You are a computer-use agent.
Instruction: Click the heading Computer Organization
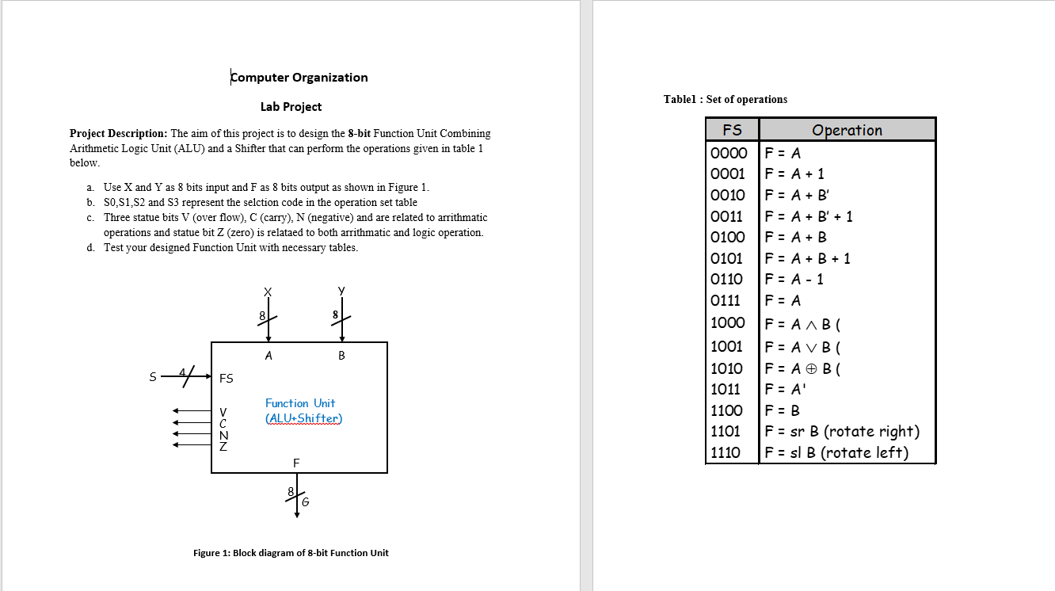[299, 78]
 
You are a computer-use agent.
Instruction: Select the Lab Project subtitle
[291, 107]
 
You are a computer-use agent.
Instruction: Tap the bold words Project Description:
[118, 134]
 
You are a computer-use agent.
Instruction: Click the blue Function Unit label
[300, 403]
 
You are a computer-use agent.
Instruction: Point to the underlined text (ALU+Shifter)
[304, 418]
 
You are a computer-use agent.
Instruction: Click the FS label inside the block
[227, 379]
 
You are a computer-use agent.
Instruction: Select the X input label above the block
[268, 292]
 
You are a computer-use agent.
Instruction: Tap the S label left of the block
[153, 378]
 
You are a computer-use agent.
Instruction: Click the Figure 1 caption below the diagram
[291, 553]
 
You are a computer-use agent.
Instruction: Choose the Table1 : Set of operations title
[725, 99]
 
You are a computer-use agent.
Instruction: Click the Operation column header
[847, 130]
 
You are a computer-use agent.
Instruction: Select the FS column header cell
[732, 130]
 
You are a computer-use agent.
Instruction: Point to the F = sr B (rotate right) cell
[842, 432]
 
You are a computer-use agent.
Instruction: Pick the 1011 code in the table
[726, 389]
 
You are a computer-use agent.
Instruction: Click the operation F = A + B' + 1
[809, 216]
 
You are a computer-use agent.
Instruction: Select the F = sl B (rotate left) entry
[836, 452]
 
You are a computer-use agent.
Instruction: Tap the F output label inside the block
[296, 463]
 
